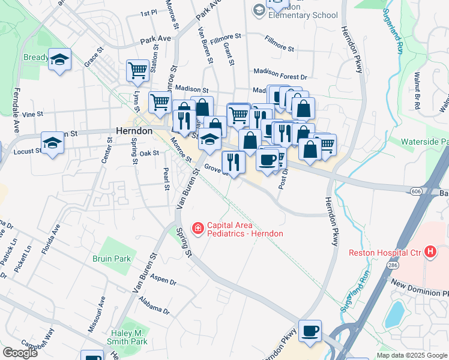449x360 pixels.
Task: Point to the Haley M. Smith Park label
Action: pos(129,337)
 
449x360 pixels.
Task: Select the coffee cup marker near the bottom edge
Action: pos(310,331)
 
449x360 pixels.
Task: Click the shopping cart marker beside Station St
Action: pos(137,70)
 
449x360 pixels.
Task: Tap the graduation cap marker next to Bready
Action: pos(59,59)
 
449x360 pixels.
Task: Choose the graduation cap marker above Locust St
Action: pos(52,143)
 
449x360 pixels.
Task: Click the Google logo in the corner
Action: pos(20,353)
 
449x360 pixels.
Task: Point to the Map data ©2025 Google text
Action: pos(411,355)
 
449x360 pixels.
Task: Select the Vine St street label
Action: pos(32,113)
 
